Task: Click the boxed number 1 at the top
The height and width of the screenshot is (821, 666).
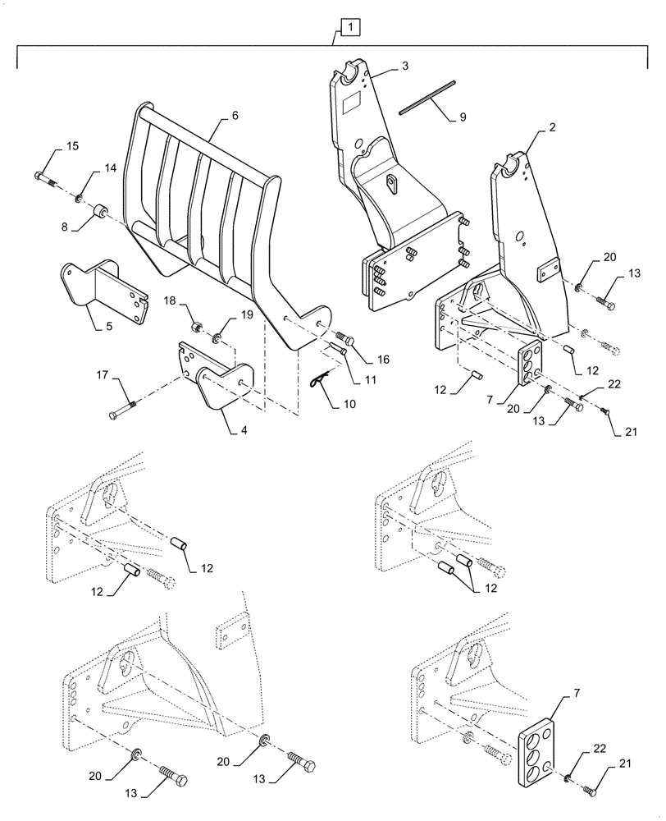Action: [350, 29]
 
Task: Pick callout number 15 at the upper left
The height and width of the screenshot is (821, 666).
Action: [72, 146]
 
